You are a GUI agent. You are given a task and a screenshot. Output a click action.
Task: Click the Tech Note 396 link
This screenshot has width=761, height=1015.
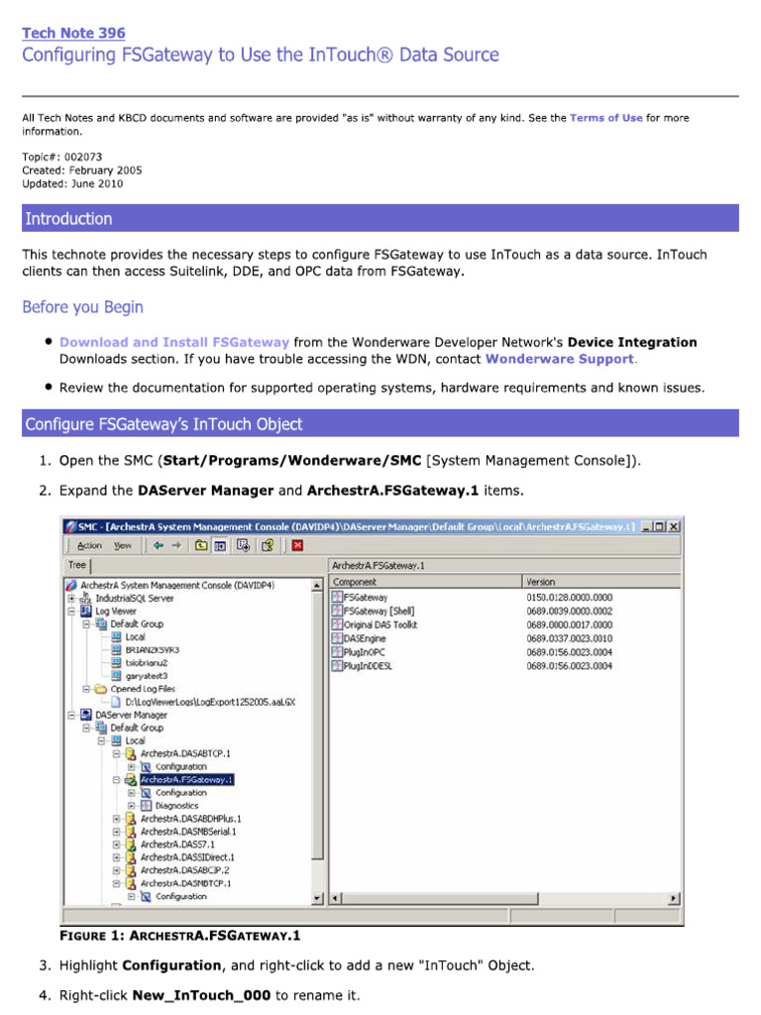click(73, 33)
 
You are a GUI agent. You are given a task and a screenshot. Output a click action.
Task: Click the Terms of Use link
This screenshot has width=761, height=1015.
click(605, 118)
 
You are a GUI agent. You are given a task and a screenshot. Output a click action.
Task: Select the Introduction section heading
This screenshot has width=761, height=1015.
click(68, 219)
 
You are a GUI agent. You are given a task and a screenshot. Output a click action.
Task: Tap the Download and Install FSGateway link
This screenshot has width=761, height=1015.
click(174, 342)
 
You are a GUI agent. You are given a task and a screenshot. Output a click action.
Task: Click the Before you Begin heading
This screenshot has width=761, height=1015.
click(82, 307)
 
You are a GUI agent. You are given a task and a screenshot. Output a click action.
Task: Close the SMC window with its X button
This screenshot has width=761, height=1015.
click(674, 527)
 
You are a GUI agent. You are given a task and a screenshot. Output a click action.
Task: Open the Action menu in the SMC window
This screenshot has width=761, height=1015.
click(89, 545)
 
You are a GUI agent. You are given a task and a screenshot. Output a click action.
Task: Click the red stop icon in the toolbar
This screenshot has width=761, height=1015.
click(297, 545)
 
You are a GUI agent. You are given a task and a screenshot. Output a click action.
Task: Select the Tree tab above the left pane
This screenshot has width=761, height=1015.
click(76, 565)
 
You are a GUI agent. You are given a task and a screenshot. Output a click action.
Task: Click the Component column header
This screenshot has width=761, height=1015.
click(355, 582)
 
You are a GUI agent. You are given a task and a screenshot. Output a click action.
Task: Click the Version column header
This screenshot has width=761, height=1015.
click(541, 582)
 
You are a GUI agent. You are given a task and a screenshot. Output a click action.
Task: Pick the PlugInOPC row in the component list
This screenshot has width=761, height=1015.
click(368, 653)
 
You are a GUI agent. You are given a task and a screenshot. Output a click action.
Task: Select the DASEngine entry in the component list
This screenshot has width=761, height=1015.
click(368, 639)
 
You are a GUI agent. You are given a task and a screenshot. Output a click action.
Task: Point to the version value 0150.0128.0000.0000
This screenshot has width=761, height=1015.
click(569, 598)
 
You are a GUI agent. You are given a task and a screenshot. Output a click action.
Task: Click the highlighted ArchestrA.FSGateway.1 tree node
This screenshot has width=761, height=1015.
click(186, 780)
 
